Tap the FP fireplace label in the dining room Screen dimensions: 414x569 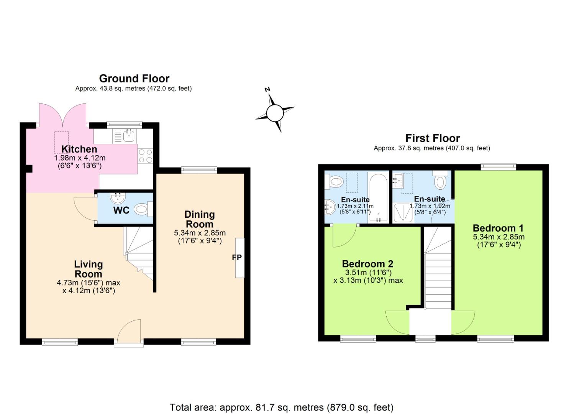click(237, 258)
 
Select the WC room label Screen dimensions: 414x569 click(121, 210)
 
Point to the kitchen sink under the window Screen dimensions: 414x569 click(128, 135)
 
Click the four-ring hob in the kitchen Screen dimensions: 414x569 click(145, 156)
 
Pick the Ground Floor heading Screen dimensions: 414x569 click(134, 79)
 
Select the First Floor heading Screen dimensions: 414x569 click(433, 138)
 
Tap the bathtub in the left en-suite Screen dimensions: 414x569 click(378, 197)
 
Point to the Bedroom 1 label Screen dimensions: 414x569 click(498, 228)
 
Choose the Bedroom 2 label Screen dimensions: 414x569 click(367, 264)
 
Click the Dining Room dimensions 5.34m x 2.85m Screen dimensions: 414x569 click(200, 233)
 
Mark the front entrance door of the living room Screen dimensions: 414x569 click(129, 333)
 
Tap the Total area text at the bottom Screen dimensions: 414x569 click(281, 407)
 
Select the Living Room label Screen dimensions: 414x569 click(89, 269)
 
